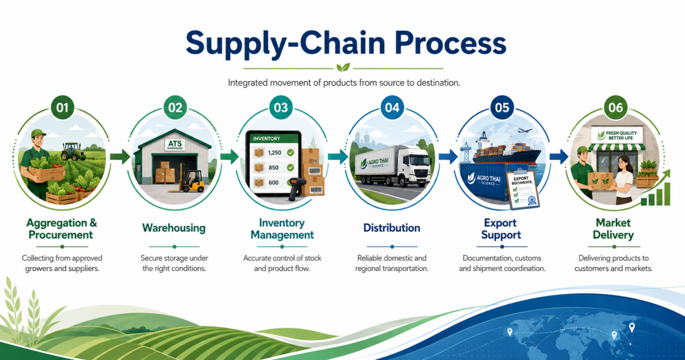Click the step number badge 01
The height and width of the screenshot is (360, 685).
[x=62, y=108]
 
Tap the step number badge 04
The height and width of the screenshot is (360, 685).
[x=392, y=108]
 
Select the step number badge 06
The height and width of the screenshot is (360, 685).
[x=615, y=108]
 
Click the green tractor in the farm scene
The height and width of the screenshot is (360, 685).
[x=73, y=151]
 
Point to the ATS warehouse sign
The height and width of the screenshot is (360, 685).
[x=175, y=145]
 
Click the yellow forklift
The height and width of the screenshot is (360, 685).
[x=190, y=180]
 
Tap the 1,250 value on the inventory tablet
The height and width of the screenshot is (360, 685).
[x=275, y=152]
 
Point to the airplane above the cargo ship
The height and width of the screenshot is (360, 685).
[x=525, y=131]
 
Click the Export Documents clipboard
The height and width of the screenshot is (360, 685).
[x=522, y=190]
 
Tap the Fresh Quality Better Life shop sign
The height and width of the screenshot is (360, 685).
[x=617, y=135]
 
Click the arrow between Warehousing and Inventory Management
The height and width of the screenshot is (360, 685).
[x=229, y=157]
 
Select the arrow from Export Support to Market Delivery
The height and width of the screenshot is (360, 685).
[x=559, y=157]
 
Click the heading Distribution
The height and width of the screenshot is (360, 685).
[x=392, y=228]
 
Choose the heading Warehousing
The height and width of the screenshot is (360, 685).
[x=174, y=228]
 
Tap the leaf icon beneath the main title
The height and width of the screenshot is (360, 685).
[x=343, y=67]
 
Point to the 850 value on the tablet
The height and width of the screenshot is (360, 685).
[x=273, y=168]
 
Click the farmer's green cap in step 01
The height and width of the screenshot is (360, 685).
[x=38, y=133]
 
